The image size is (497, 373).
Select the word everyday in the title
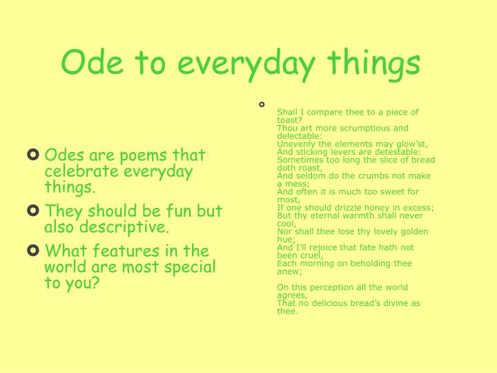pos(240,64)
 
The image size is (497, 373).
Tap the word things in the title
pos(373,64)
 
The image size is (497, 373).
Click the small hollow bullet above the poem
pos(262,104)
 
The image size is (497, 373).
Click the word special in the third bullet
pos(193,267)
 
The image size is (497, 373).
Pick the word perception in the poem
pos(326,287)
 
